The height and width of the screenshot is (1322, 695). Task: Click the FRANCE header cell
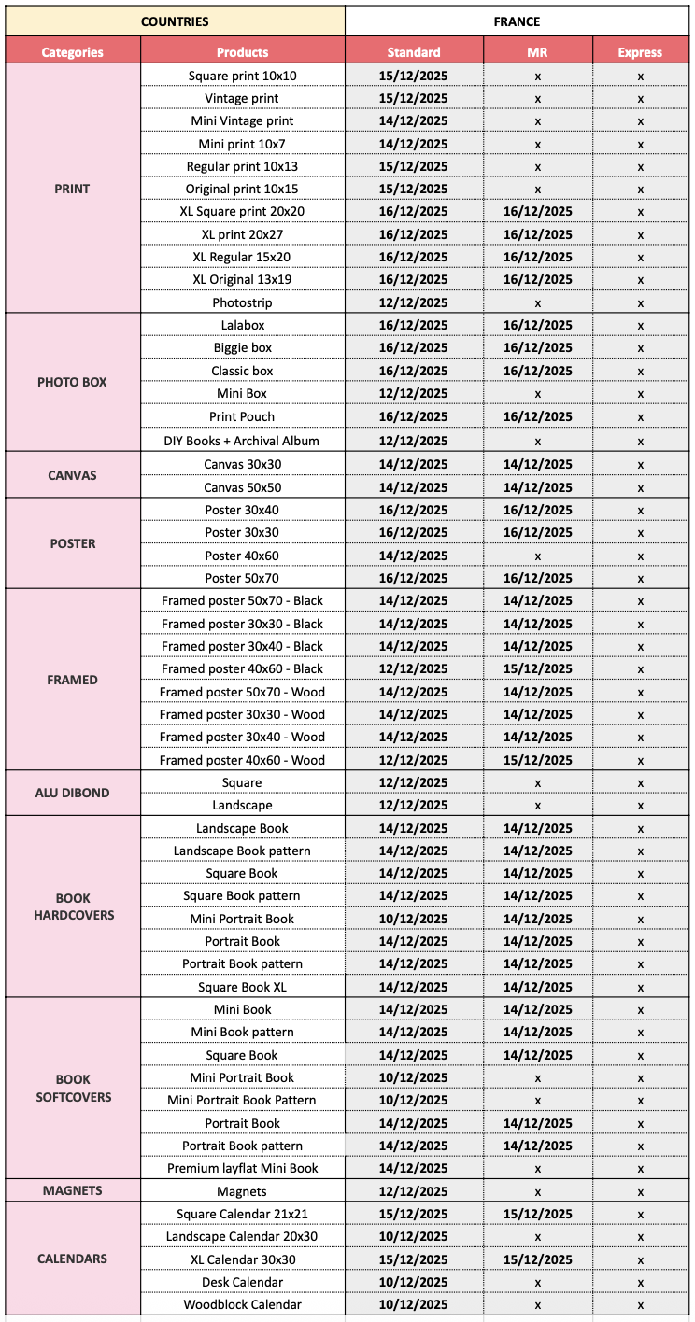(x=517, y=21)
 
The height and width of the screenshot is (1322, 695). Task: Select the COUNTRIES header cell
(x=175, y=21)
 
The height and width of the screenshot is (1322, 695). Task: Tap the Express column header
(x=640, y=52)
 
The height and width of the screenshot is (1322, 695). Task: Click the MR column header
(x=537, y=52)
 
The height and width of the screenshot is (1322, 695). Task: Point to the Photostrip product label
(x=242, y=302)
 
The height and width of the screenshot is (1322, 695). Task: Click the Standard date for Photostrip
(x=413, y=302)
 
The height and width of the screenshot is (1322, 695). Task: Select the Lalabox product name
(x=242, y=325)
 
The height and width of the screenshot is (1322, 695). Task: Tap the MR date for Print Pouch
(x=537, y=416)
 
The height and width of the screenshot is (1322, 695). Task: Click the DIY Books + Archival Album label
(x=242, y=441)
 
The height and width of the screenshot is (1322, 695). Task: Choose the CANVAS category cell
(x=72, y=475)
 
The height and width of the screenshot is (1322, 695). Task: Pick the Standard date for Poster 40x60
(x=413, y=556)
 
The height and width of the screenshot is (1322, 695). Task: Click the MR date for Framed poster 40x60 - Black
(x=537, y=668)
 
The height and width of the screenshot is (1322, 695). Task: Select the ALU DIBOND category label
(x=72, y=793)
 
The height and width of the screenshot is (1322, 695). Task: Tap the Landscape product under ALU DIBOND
(x=242, y=805)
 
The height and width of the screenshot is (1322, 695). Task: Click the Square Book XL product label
(x=242, y=987)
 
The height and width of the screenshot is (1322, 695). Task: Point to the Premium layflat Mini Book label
(x=242, y=1168)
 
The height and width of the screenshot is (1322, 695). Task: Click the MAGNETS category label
(x=72, y=1190)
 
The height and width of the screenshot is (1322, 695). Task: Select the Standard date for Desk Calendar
(x=413, y=1282)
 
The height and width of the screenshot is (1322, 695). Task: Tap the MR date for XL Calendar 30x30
(x=537, y=1259)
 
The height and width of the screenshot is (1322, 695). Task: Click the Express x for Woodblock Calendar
(x=640, y=1304)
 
